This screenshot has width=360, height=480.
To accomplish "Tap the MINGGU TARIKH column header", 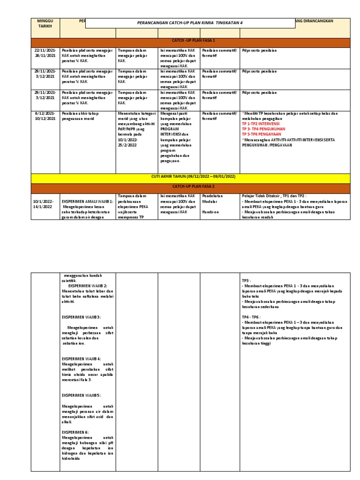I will pyautogui.click(x=45, y=23).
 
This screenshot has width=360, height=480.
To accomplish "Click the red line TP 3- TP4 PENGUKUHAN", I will pyautogui.click(x=264, y=128).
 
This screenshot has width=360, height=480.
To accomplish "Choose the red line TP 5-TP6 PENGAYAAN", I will pyautogui.click(x=262, y=134).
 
